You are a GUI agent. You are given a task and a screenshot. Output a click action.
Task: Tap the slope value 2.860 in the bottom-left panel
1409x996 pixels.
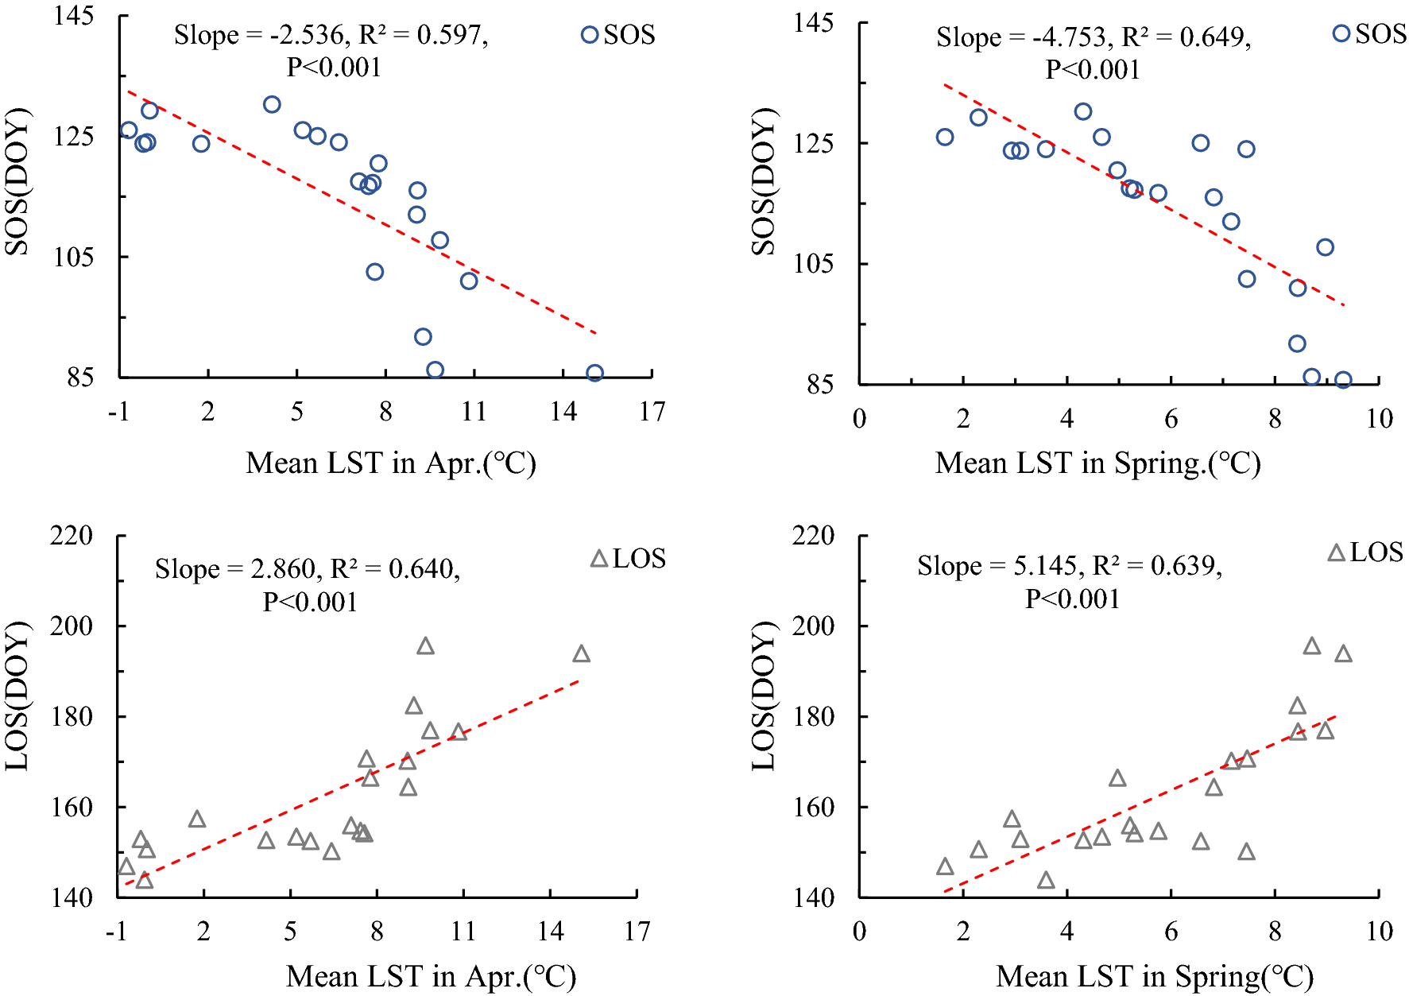(283, 569)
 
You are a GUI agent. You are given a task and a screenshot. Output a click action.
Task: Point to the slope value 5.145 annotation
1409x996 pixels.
(1045, 566)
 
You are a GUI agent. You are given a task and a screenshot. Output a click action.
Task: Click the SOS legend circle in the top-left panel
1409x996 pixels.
(590, 35)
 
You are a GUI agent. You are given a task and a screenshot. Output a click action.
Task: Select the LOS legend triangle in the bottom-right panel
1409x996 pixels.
(1337, 553)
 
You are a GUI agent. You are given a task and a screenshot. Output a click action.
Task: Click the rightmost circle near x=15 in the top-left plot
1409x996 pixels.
(594, 373)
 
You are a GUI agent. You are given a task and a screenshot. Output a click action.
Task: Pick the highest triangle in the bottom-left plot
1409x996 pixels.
(426, 646)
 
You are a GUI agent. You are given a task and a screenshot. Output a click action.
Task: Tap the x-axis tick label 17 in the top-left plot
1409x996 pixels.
(652, 412)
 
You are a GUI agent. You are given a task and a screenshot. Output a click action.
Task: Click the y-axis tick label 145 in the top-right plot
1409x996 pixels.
(814, 23)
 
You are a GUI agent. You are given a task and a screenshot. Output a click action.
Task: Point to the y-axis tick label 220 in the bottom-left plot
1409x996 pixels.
(72, 536)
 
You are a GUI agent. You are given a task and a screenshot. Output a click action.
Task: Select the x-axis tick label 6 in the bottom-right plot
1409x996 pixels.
(1171, 932)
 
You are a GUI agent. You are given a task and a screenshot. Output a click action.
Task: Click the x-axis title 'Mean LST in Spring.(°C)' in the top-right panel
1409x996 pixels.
(1097, 463)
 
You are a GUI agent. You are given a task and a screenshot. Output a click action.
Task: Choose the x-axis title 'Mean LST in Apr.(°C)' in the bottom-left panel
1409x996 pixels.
(431, 977)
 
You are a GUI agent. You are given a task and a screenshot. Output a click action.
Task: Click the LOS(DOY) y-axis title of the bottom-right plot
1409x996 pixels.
(763, 696)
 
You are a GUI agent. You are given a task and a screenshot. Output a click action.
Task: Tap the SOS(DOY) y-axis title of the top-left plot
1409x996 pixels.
(17, 181)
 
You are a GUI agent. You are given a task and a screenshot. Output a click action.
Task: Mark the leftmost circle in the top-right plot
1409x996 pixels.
(944, 137)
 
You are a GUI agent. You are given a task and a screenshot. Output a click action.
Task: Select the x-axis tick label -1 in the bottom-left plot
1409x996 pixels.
(117, 932)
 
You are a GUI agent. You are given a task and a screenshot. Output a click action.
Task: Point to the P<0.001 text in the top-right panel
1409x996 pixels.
(1093, 71)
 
